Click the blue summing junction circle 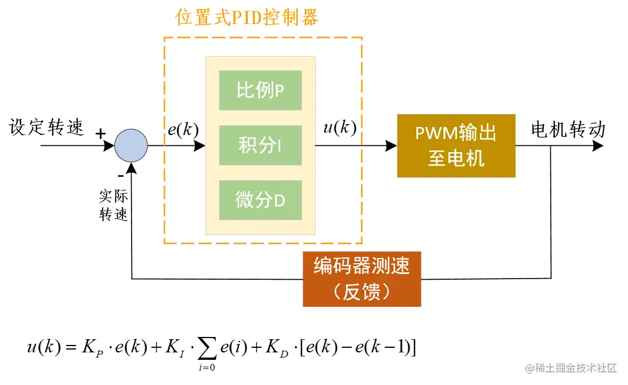[x=131, y=146]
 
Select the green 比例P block [x=260, y=90]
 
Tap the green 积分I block [x=260, y=146]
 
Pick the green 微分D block [x=260, y=200]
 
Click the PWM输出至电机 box [x=456, y=145]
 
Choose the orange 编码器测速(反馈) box [x=361, y=279]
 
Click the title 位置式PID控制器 [x=247, y=18]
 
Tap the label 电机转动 [x=567, y=130]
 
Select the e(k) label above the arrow [x=183, y=130]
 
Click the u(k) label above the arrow [x=340, y=127]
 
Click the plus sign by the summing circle [x=101, y=134]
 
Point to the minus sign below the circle [x=120, y=175]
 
